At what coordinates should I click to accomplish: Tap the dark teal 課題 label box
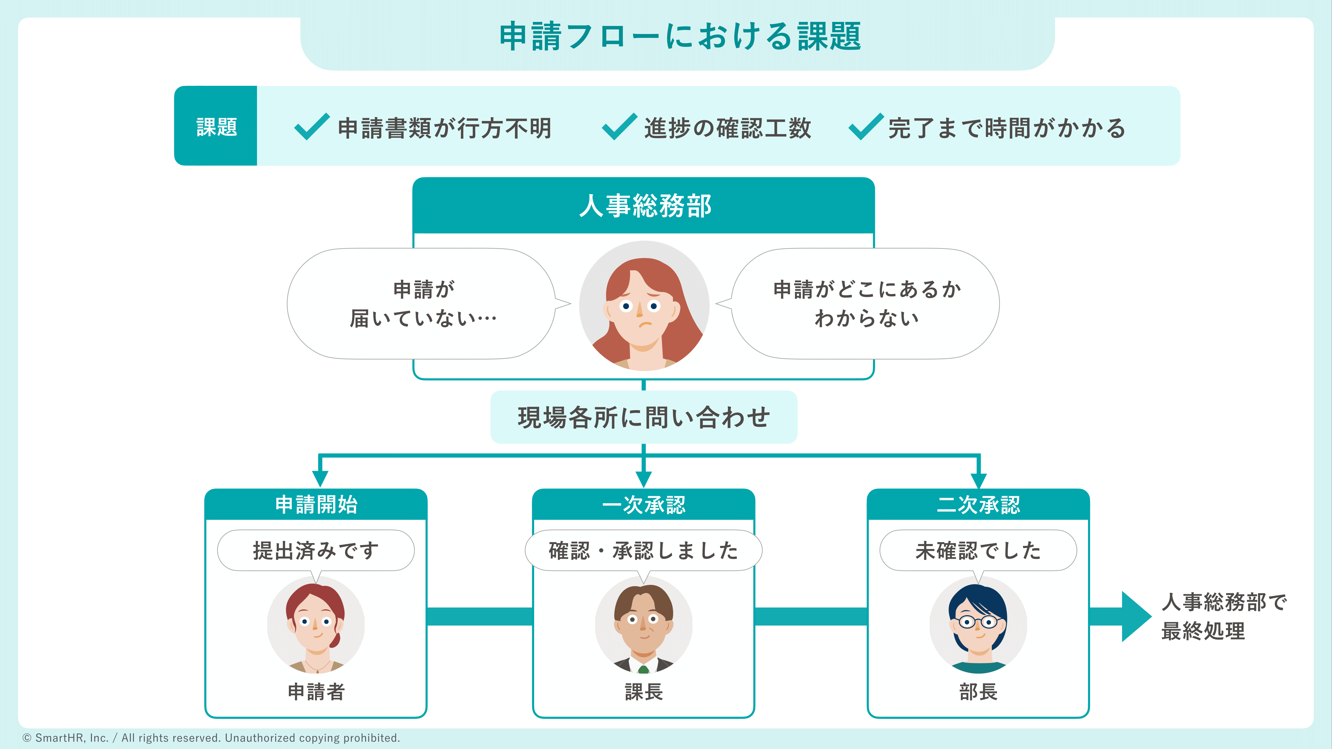[x=216, y=126]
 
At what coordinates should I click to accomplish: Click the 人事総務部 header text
[x=644, y=206]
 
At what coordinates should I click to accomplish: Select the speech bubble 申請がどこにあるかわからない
[x=866, y=304]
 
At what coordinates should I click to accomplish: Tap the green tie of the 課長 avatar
[x=643, y=669]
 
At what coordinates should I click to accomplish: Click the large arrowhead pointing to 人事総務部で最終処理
[x=1135, y=616]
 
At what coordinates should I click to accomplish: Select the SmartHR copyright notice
[x=211, y=738]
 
